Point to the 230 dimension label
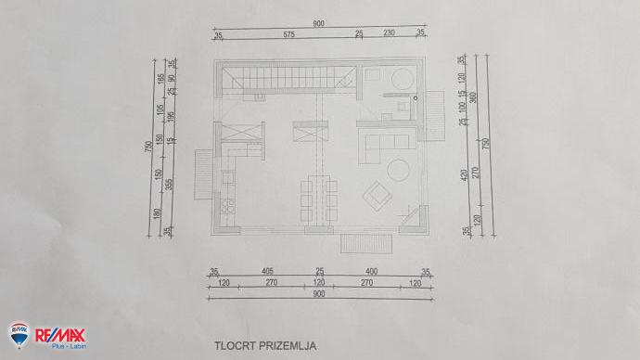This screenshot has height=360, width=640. (389, 33)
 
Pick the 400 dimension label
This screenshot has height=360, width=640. (370, 272)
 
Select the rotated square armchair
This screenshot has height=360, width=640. (377, 193)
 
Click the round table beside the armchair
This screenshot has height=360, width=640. (400, 170)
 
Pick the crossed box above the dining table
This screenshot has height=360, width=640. (307, 132)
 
